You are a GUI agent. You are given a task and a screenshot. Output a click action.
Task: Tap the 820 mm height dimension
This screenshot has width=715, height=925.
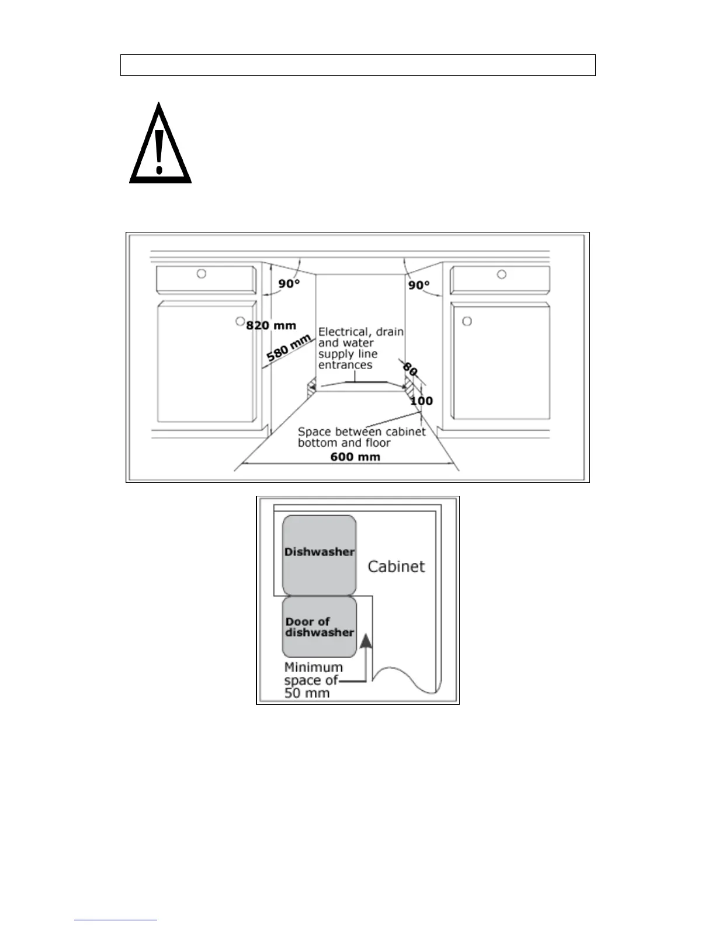[x=271, y=326]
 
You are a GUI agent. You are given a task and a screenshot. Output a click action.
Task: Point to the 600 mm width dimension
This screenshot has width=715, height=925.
[x=355, y=457]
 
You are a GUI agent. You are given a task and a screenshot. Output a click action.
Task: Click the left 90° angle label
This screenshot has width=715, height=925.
[x=289, y=284]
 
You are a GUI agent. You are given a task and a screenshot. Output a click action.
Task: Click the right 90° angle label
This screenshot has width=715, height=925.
[x=418, y=285]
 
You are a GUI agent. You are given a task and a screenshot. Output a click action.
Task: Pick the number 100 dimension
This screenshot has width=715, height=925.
[x=421, y=401]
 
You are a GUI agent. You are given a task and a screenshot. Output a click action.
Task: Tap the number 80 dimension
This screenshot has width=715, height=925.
[x=410, y=370]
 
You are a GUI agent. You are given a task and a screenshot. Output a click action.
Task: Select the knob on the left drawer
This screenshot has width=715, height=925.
[x=201, y=273]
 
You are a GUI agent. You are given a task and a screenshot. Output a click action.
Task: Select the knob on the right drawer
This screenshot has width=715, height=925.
[x=501, y=274]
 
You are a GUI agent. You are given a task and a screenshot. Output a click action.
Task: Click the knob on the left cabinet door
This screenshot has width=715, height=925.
[x=240, y=321]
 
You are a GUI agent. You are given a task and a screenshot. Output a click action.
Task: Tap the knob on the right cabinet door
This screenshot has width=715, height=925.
[x=466, y=321]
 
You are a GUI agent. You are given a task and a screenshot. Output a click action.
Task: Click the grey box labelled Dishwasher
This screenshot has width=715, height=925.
[x=319, y=555]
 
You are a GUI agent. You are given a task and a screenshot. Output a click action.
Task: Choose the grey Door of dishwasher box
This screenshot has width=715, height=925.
[x=319, y=627]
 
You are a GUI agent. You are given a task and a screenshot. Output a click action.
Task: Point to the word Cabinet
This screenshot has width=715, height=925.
[x=396, y=566]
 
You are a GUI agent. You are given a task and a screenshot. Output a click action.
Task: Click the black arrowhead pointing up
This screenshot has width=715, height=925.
[x=366, y=642]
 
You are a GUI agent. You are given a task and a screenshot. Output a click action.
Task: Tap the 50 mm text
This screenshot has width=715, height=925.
[x=307, y=693]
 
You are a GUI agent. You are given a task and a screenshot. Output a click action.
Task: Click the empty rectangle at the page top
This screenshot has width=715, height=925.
[x=357, y=65]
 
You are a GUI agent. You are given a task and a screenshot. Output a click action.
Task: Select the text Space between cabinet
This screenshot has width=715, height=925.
[x=362, y=432]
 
